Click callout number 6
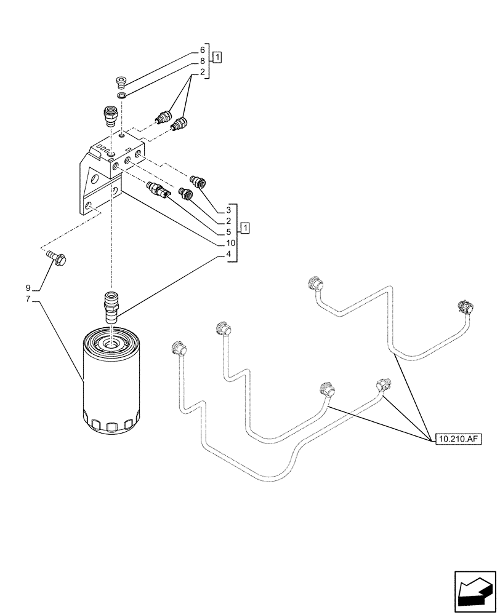pos(202,50)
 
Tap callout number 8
pos(202,61)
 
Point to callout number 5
pos(228,232)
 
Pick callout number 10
pos(228,244)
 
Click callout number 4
pos(228,255)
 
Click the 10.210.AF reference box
pos(459,439)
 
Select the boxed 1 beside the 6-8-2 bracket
pos(218,57)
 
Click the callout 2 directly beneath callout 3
pos(228,221)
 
